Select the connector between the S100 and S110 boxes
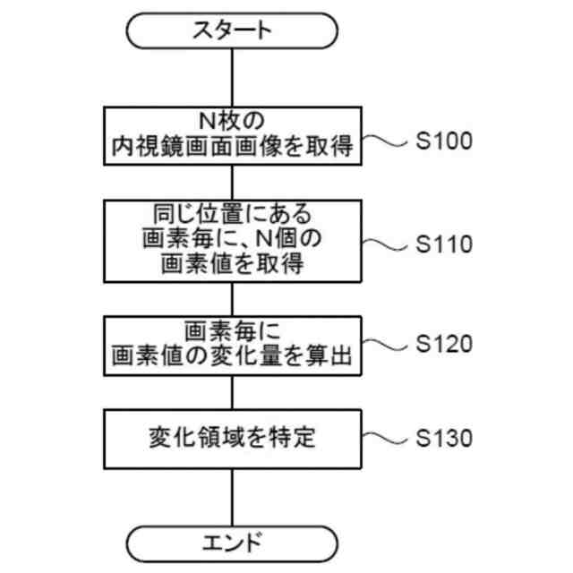click(233, 182)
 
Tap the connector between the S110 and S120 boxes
click(233, 298)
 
